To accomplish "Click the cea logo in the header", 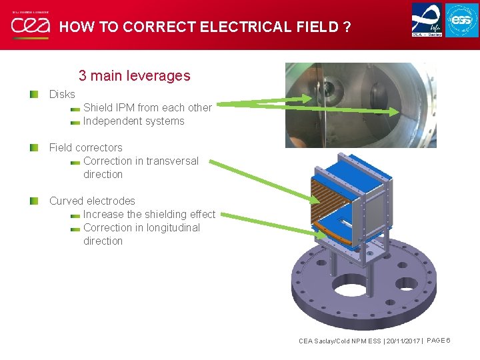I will (x=30, y=25).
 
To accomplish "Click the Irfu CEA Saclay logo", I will (x=426, y=19).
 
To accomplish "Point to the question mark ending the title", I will (x=347, y=27).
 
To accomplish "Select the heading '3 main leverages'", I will (x=134, y=75).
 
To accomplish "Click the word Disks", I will (x=62, y=95).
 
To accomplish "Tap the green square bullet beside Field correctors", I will (x=34, y=147).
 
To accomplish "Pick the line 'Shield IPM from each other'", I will (x=147, y=107).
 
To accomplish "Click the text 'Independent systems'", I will (x=133, y=121).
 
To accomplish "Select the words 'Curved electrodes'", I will (x=92, y=201).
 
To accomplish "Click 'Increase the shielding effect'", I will (x=149, y=214).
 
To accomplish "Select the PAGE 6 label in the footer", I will (x=439, y=341).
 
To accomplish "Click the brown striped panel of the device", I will (x=333, y=197).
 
